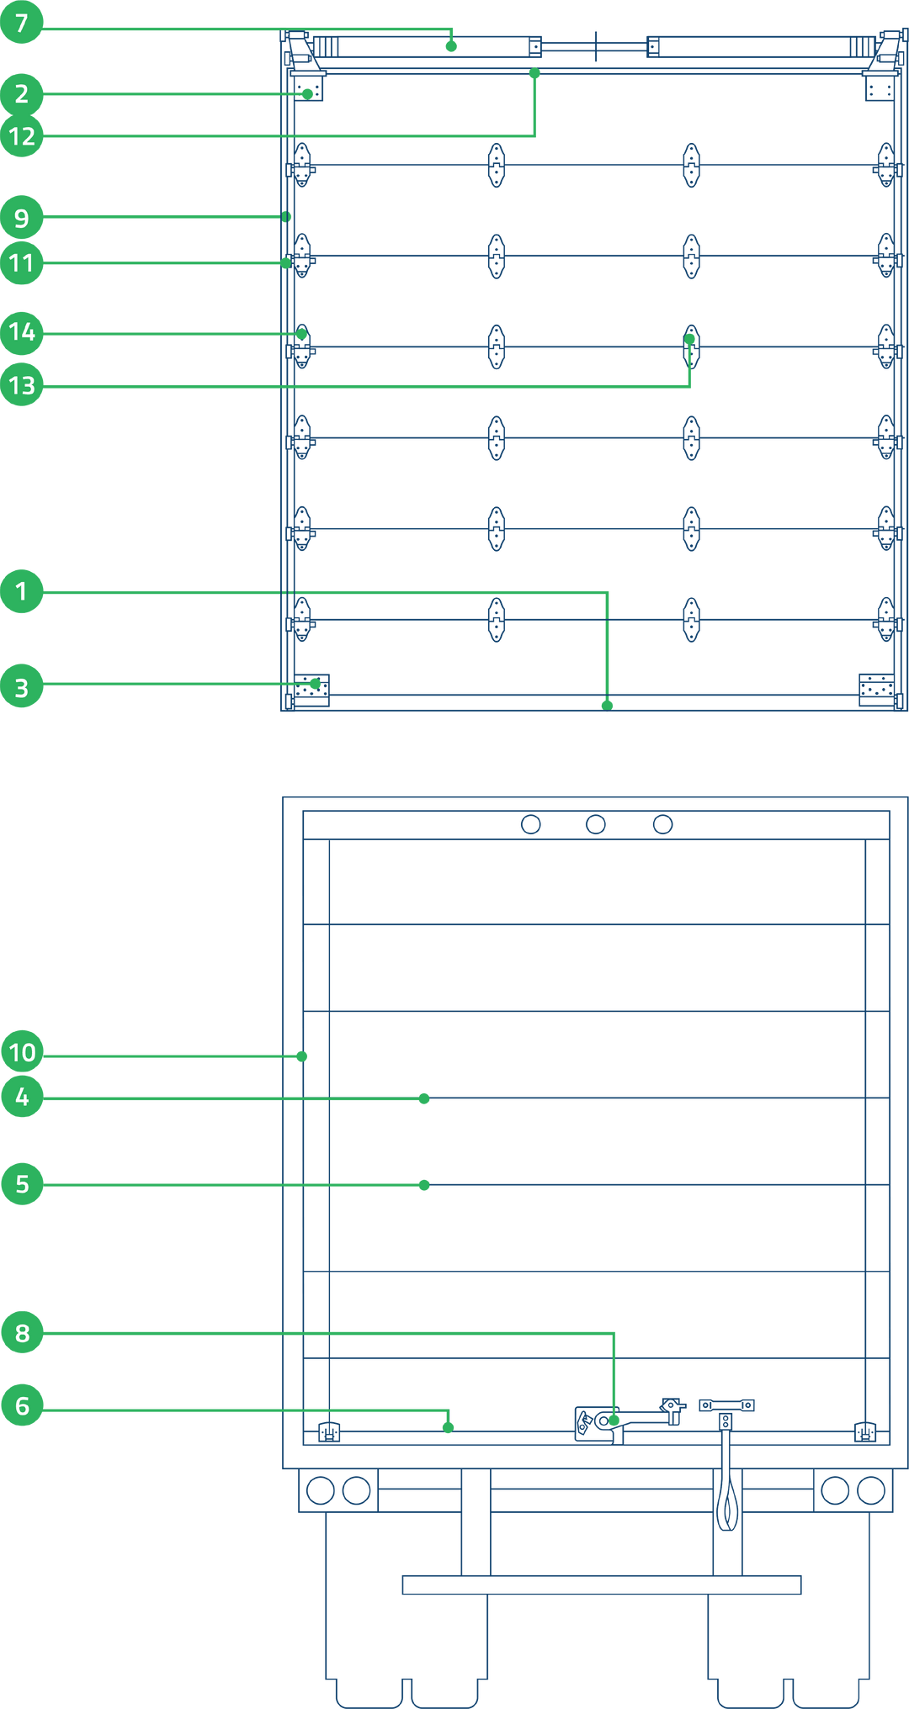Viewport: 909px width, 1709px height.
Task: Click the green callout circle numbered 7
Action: point(22,23)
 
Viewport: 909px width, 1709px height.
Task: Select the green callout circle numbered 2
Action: point(22,93)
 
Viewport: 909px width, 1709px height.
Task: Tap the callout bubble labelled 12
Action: point(22,135)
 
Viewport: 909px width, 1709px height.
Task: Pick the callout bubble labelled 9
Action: point(22,218)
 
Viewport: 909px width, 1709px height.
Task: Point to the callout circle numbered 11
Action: point(22,263)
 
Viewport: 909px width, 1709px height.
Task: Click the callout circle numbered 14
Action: point(22,332)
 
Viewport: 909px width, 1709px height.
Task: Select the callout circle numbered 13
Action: point(22,385)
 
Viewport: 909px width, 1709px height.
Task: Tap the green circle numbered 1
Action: point(22,591)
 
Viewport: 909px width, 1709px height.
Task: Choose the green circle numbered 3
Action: point(22,687)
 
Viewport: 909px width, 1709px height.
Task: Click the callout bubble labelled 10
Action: point(22,1051)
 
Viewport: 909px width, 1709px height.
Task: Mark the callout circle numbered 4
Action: point(22,1097)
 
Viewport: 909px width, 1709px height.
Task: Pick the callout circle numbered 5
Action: point(22,1184)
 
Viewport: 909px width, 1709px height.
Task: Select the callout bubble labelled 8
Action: point(22,1332)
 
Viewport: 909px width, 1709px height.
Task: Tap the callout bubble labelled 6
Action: point(22,1405)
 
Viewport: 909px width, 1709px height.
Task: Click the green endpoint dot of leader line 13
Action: point(690,339)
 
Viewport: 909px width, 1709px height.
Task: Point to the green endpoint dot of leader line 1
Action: point(607,705)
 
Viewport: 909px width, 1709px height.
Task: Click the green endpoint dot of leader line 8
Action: point(614,1421)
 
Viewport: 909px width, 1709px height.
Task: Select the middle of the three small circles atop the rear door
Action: point(596,824)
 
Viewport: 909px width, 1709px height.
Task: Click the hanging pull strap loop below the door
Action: point(727,1505)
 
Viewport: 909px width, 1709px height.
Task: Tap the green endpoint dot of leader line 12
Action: point(534,73)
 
